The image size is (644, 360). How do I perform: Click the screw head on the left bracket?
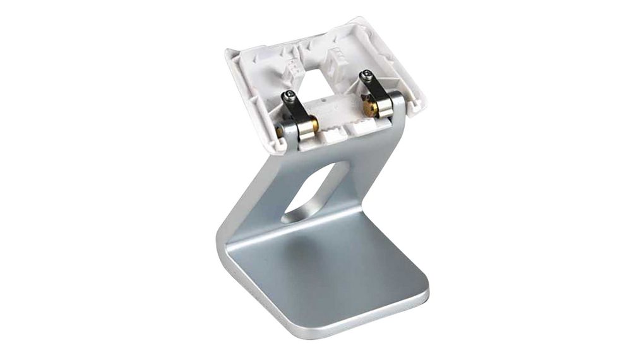pos(289,95)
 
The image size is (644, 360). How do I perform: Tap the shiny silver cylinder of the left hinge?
pos(306,129)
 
